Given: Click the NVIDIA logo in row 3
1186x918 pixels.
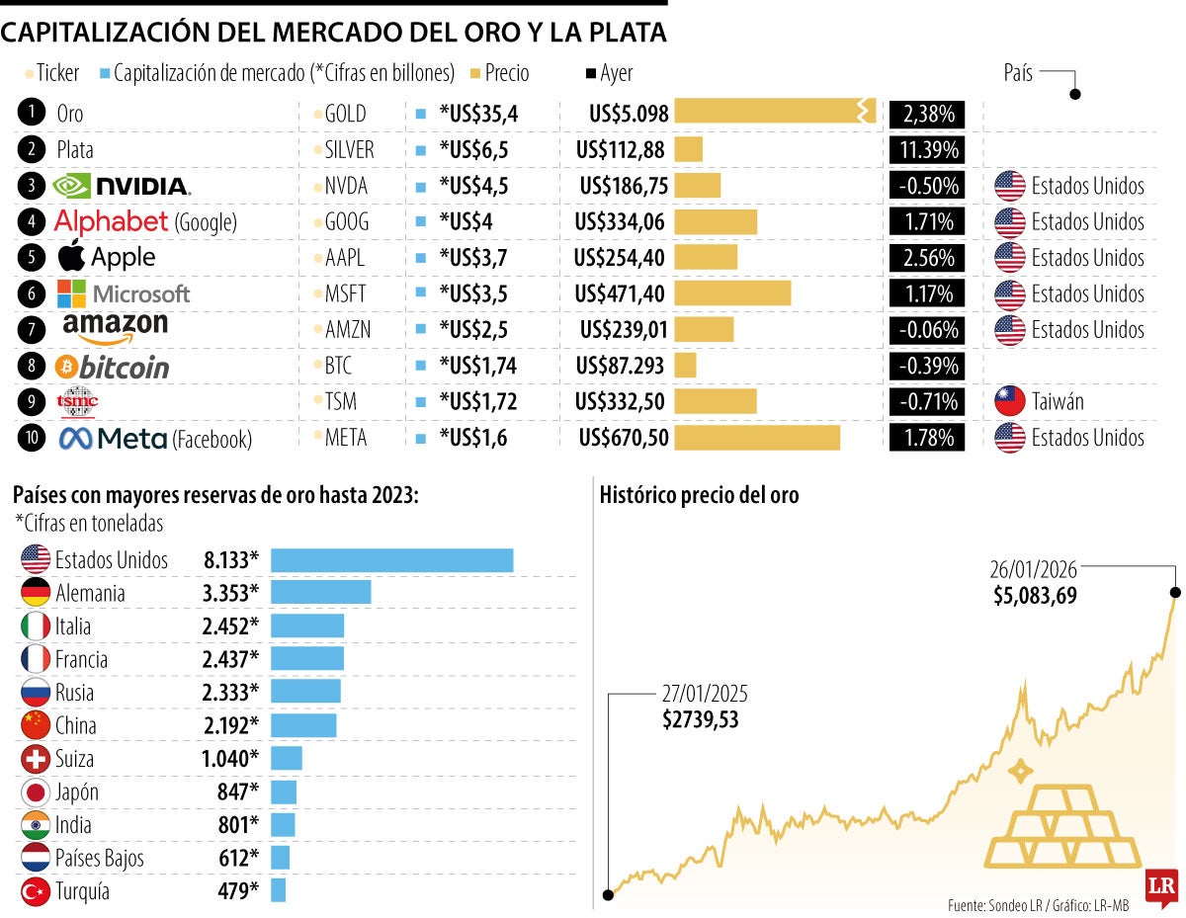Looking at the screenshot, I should point(121,186).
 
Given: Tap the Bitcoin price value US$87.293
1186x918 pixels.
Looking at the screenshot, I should point(620,366).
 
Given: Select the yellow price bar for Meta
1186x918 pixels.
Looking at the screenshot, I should point(756,438).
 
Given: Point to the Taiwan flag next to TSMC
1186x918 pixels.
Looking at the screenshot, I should point(1009,402).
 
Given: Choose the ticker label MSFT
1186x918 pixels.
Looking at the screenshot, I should point(347,293).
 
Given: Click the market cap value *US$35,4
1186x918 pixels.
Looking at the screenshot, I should point(478,114).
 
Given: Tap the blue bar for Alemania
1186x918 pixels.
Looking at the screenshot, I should point(320,593).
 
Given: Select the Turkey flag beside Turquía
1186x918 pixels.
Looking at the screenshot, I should point(36,891).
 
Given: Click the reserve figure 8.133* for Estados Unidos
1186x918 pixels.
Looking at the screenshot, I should point(231,560).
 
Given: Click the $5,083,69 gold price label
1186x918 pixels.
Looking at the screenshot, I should point(1035,596).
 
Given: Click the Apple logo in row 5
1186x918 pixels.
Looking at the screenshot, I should point(71,256).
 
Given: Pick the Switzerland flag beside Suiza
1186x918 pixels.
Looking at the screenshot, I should point(36,759).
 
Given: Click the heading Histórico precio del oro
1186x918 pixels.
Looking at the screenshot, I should point(699,496).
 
